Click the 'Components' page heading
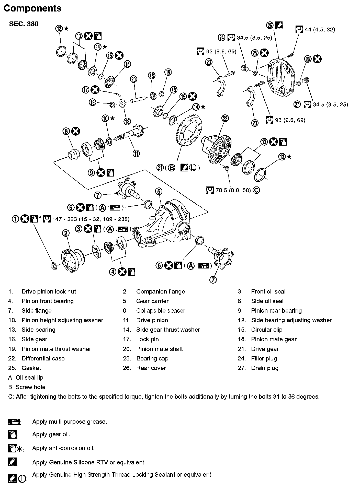tap(32, 8)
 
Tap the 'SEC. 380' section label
tap(24, 24)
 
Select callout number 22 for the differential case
tap(225, 118)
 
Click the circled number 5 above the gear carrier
tap(159, 191)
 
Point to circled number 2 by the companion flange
tap(66, 233)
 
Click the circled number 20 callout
tap(134, 79)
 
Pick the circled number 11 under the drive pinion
tap(136, 154)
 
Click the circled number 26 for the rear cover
tap(270, 25)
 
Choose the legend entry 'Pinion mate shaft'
tap(160, 349)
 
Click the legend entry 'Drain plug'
tap(265, 368)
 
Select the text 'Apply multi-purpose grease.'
tap(69, 422)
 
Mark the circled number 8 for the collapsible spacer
tap(66, 131)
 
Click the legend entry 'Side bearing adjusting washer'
tap(291, 320)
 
